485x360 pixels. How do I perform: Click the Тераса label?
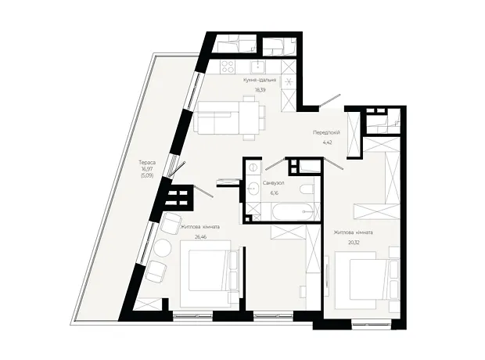[147, 163]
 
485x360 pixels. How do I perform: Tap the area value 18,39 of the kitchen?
[260, 90]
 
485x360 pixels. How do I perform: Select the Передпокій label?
[327, 133]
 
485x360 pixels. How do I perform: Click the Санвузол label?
[274, 183]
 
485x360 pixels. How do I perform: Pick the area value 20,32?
[354, 243]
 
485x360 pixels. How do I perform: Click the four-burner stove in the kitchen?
[228, 66]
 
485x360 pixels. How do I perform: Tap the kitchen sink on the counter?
[257, 66]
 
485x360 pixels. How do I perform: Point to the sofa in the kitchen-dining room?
[217, 118]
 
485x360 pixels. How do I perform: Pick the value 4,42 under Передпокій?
[327, 142]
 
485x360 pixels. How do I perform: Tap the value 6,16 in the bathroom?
[274, 193]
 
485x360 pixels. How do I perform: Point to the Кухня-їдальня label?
[260, 80]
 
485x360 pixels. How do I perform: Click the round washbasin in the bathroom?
[253, 187]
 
